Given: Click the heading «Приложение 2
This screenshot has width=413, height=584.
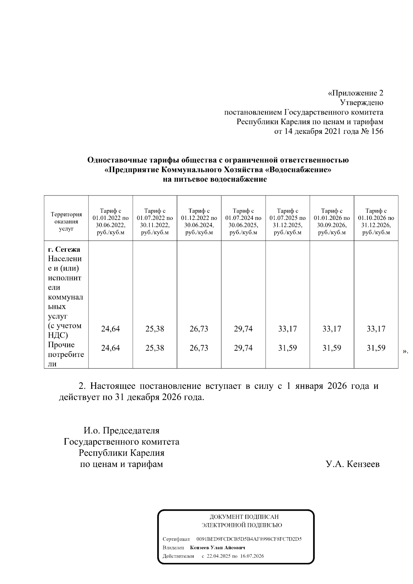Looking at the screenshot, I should [355, 93].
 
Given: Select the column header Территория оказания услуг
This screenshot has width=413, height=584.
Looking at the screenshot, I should [66, 222].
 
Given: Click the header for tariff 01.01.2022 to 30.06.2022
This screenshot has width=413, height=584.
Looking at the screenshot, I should [110, 222].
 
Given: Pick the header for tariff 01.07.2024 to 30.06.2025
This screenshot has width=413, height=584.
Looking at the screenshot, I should [243, 222].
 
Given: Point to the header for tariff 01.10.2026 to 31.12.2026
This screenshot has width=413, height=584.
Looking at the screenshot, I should [376, 222].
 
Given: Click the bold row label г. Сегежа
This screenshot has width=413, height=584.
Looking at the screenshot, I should [64, 249].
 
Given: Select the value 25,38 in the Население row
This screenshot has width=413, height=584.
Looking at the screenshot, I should [155, 329].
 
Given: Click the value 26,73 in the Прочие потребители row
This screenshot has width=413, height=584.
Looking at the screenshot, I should [199, 348].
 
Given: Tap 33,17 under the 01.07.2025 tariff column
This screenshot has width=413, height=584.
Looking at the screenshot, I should [287, 329].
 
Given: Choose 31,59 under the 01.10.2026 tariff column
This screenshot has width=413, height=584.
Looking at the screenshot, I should [376, 348].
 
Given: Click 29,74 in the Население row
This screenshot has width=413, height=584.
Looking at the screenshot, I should [243, 329].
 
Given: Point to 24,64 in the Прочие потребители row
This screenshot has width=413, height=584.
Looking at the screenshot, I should [110, 348].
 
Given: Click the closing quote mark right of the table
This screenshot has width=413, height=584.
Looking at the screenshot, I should [405, 351].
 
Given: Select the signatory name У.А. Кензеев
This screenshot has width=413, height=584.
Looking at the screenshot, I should [352, 464].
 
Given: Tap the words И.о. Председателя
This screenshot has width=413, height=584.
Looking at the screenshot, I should [121, 431].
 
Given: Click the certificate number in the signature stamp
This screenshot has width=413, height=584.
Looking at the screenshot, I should [249, 539].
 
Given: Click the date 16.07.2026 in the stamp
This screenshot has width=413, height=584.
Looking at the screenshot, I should [252, 556].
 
